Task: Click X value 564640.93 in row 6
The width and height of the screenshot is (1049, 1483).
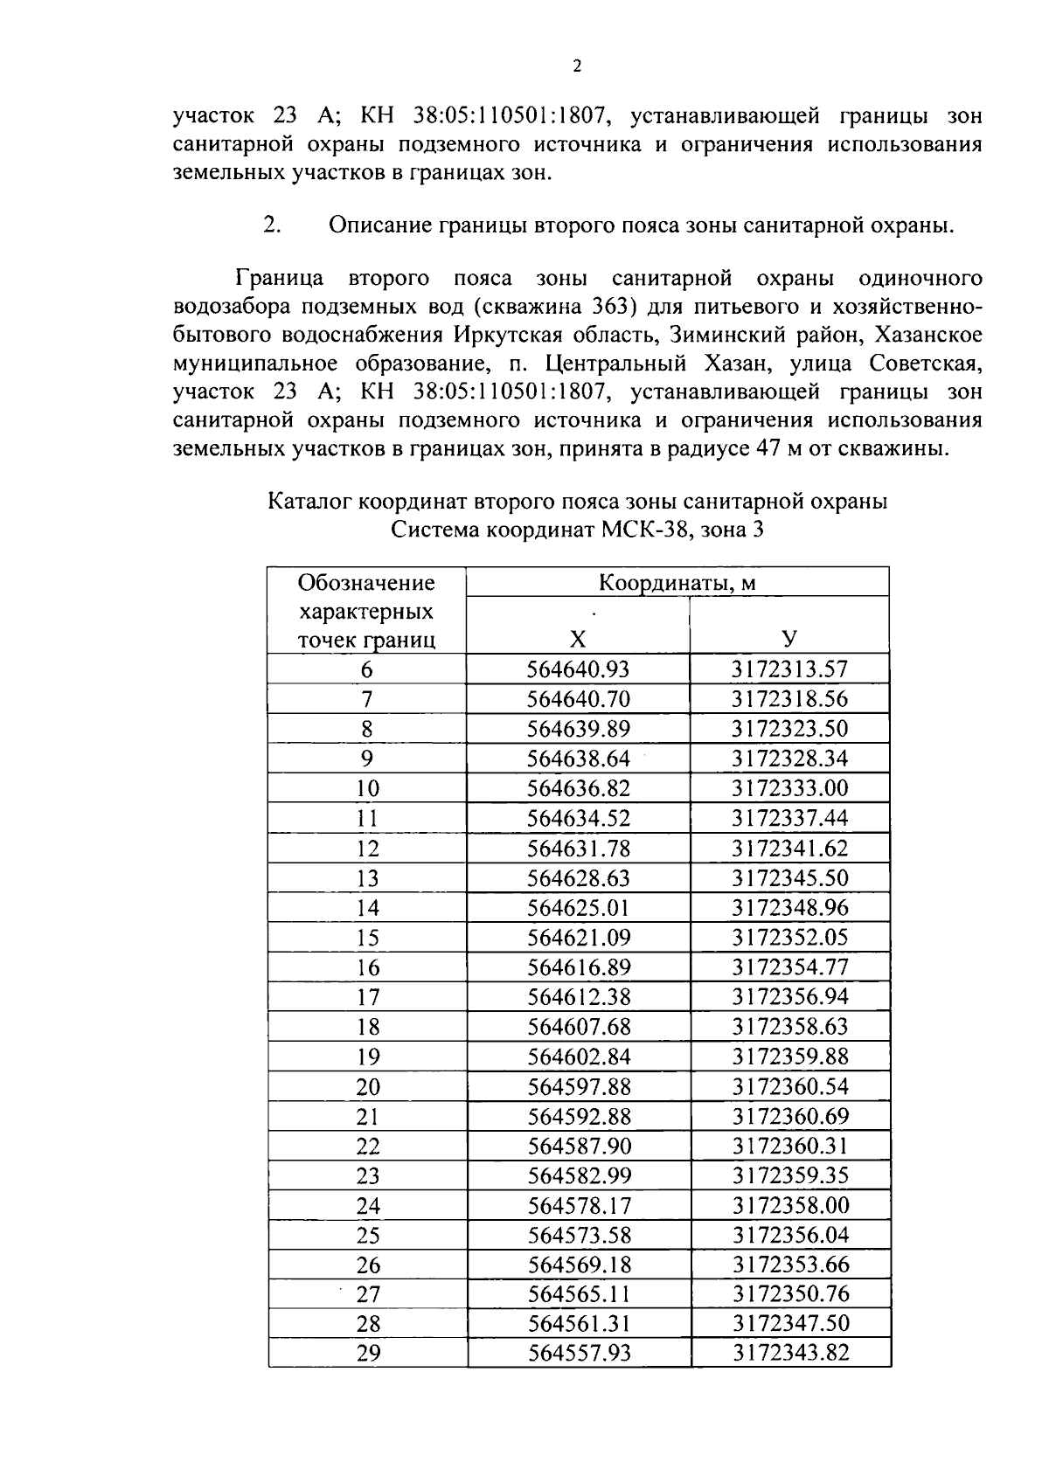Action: (578, 670)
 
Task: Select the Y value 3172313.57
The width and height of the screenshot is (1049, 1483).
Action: (789, 670)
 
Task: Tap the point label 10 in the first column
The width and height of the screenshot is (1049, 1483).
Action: (367, 789)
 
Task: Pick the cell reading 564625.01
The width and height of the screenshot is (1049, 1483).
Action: (578, 908)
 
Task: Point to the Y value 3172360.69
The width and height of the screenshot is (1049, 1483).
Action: (790, 1117)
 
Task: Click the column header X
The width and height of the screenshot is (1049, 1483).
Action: (577, 640)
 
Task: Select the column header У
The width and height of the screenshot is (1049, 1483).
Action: (788, 640)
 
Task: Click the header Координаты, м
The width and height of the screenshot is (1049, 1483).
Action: (677, 583)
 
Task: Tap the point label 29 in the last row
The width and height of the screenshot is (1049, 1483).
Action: (368, 1354)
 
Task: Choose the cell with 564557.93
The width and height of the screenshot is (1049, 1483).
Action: (580, 1354)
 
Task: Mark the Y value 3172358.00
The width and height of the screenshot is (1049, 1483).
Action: (790, 1206)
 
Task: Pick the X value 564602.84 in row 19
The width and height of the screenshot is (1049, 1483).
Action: (579, 1057)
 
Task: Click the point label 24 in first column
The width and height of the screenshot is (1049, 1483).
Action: (368, 1206)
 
